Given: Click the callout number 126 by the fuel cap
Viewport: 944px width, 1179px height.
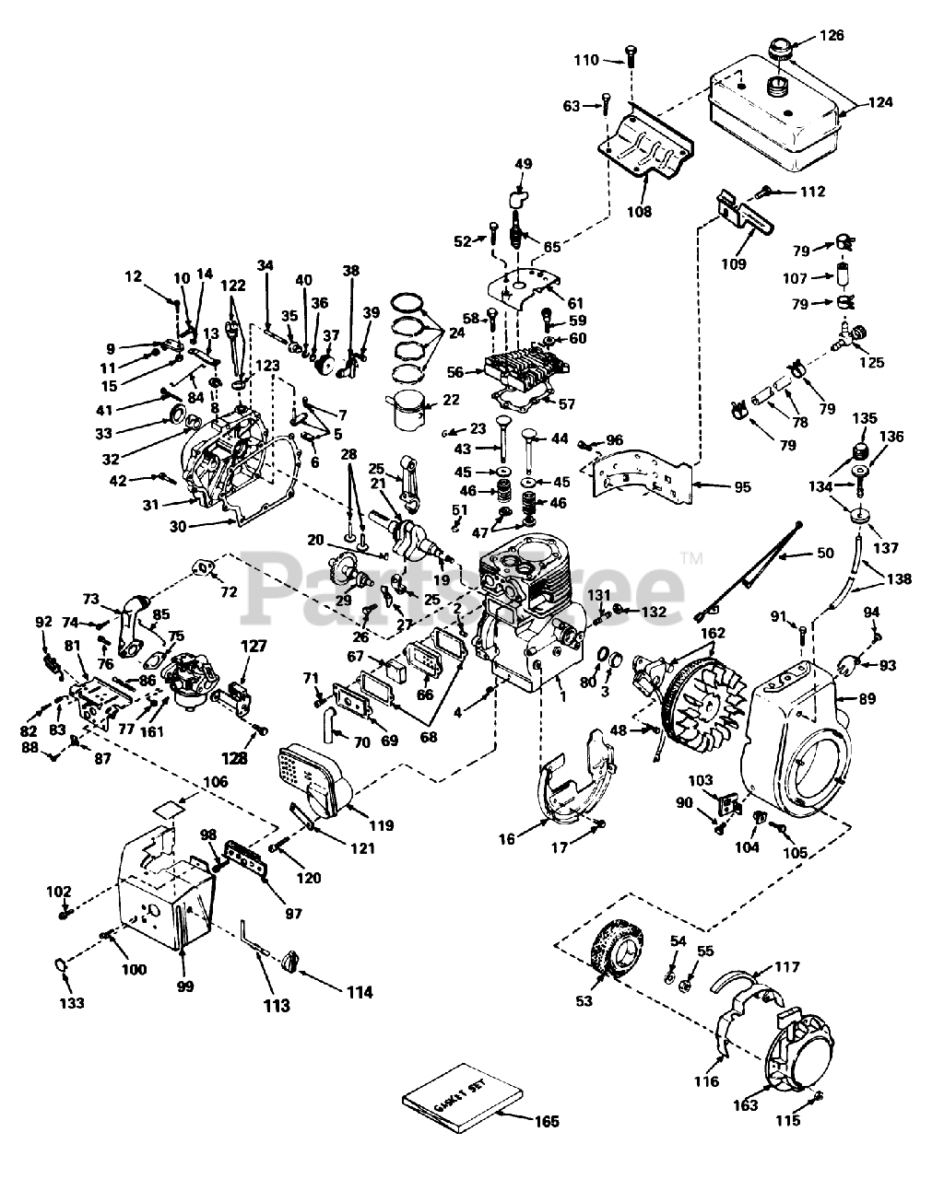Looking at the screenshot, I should pos(832,37).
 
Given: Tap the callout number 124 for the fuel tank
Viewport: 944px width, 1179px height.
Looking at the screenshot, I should pos(880,103).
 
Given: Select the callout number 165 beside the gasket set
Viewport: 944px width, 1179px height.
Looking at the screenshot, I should pos(548,1122).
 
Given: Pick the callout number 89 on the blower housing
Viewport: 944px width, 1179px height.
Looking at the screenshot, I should pos(867,700).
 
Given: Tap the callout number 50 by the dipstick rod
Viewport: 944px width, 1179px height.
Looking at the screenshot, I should pos(824,553).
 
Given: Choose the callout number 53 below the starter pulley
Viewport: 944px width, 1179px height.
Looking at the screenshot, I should pos(584,1000).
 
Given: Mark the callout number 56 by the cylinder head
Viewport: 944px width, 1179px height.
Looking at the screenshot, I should pos(454,373).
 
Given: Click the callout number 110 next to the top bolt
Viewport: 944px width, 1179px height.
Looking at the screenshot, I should pos(586,60).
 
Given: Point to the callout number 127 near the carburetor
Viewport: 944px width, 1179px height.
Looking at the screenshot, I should pos(254,647).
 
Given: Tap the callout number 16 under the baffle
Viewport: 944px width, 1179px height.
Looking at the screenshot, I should pos(507,839).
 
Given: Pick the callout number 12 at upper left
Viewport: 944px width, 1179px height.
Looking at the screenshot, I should pos(134,275).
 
